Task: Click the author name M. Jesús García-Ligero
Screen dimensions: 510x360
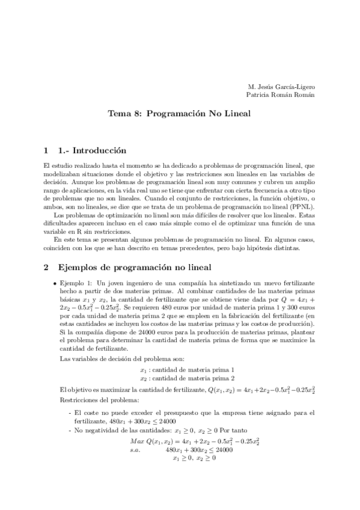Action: [280, 86]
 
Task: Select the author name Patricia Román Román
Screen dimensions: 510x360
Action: [280, 94]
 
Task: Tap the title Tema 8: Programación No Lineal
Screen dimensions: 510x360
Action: [178, 112]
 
